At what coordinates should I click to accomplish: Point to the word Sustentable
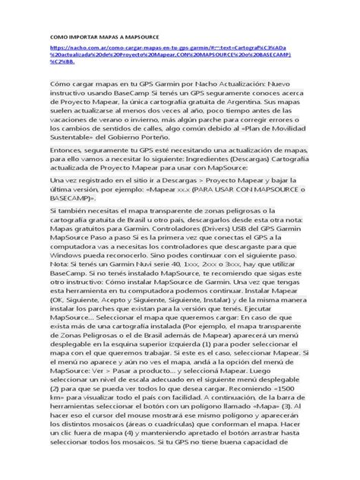tap(77, 142)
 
